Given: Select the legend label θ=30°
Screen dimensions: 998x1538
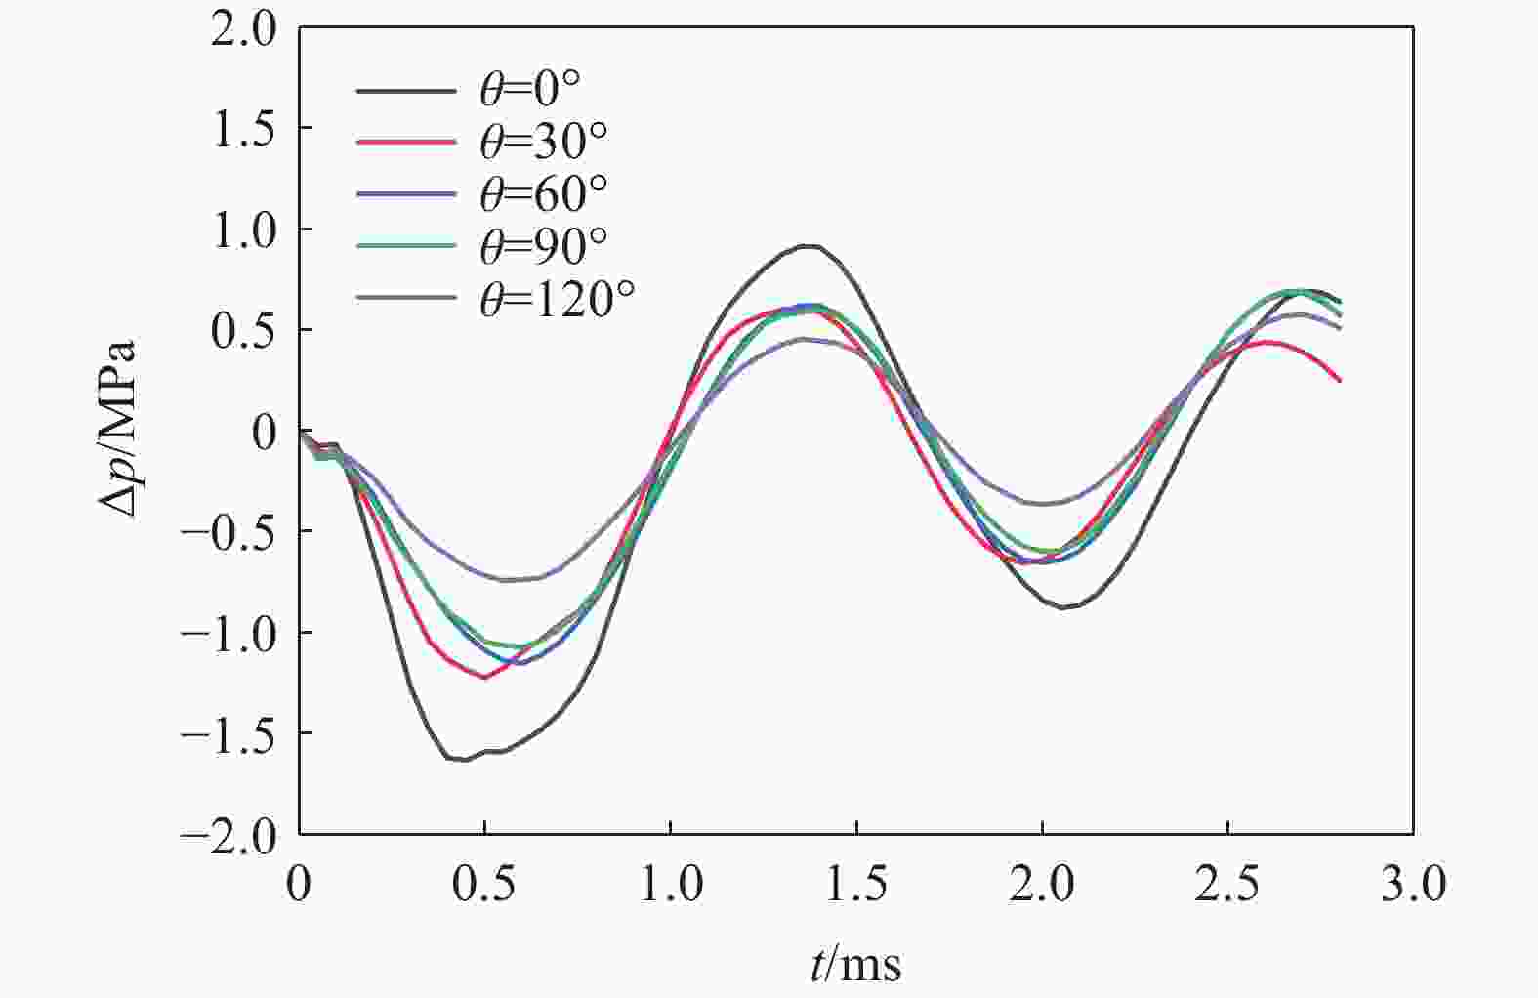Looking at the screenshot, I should click(544, 143).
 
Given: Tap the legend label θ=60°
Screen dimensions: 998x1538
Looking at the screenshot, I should click(544, 194).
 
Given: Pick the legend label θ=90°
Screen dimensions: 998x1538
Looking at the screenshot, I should click(544, 246).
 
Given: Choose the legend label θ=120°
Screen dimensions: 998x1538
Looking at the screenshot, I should click(558, 299).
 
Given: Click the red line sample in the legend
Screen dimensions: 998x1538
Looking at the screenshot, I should click(405, 143).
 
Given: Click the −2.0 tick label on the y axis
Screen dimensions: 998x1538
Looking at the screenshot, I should click(229, 836).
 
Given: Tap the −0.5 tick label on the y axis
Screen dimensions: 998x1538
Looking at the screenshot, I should click(229, 533).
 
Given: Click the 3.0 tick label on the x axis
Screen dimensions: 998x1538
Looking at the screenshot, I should click(1413, 885).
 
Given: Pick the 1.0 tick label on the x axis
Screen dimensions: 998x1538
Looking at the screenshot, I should click(670, 885).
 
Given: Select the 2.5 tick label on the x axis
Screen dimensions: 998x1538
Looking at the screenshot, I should click(1227, 885).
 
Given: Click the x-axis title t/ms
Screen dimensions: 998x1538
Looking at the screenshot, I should click(855, 964).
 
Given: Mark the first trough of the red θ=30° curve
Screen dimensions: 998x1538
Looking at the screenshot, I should click(485, 677).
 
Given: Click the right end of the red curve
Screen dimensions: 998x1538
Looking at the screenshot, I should click(1340, 380).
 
